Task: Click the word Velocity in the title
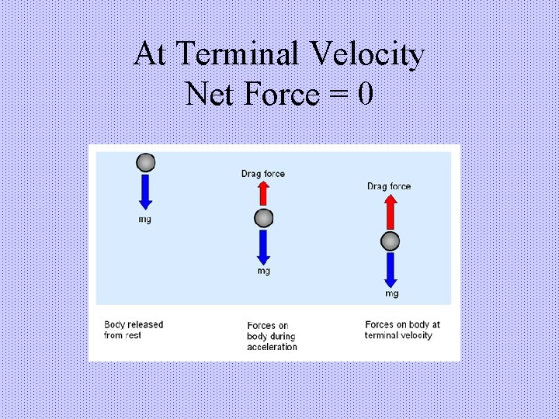pyautogui.click(x=368, y=54)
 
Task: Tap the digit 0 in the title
pyautogui.click(x=366, y=95)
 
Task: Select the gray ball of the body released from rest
pyautogui.click(x=145, y=162)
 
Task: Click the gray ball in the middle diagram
pyautogui.click(x=264, y=217)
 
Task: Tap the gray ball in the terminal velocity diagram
pyautogui.click(x=390, y=241)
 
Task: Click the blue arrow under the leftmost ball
pyautogui.click(x=145, y=192)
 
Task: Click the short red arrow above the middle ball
pyautogui.click(x=264, y=195)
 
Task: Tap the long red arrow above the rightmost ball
pyautogui.click(x=390, y=211)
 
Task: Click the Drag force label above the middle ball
pyautogui.click(x=263, y=174)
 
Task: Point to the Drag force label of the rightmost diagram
pyautogui.click(x=389, y=186)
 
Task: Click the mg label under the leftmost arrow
pyautogui.click(x=145, y=220)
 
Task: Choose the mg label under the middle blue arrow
pyautogui.click(x=264, y=272)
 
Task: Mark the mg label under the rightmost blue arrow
pyautogui.click(x=391, y=293)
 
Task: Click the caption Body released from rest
pyautogui.click(x=134, y=330)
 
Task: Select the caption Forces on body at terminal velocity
pyautogui.click(x=402, y=330)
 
